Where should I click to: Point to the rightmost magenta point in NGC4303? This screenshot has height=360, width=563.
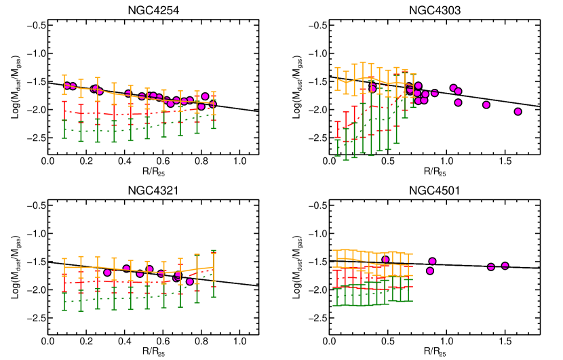[518, 112]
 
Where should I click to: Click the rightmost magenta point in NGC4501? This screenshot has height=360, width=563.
[505, 266]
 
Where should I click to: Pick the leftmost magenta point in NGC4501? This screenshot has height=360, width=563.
[386, 260]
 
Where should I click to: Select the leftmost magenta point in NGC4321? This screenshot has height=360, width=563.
[107, 273]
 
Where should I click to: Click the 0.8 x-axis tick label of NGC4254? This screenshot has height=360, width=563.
[201, 163]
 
